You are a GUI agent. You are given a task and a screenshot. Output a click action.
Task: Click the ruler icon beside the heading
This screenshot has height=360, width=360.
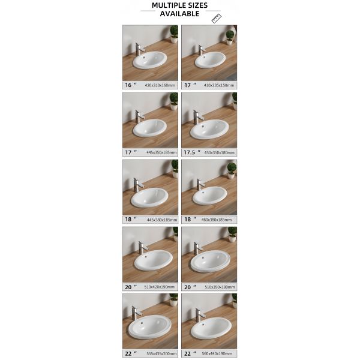tap(217, 18)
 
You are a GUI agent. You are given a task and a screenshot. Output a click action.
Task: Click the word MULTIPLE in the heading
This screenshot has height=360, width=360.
tap(162, 5)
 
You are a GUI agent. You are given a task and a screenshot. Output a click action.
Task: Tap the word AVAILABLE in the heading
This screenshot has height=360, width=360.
tap(179, 13)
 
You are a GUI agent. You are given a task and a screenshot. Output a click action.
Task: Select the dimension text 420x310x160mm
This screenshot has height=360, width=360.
tap(160, 85)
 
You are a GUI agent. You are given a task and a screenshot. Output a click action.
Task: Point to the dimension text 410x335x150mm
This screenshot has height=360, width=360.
tap(219, 85)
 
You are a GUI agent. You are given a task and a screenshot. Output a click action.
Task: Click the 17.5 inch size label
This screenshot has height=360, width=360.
tap(191, 152)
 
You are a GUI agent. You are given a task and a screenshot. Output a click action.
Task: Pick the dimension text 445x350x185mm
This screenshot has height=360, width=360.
tap(160, 152)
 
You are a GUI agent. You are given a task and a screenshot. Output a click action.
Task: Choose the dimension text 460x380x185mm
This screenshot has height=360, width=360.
tap(219, 220)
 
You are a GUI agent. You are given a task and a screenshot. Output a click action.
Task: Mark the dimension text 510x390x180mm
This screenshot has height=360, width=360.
tap(219, 287)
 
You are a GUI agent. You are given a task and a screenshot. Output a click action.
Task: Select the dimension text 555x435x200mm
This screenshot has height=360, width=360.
tap(160, 354)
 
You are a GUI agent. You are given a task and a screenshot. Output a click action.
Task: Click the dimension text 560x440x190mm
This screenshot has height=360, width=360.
tap(219, 354)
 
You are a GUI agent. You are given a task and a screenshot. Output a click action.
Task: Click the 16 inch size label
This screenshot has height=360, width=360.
tap(129, 85)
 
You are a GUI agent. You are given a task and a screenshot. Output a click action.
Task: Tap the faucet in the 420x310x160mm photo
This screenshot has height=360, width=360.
tap(137, 49)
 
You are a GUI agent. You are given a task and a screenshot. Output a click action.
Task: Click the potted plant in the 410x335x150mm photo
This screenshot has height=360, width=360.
tap(229, 37)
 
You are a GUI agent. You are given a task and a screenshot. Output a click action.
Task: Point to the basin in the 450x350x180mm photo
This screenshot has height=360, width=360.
tap(209, 128)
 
